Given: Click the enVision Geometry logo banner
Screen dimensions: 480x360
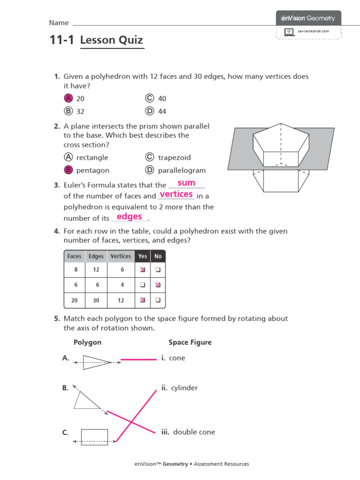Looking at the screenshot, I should [308, 18].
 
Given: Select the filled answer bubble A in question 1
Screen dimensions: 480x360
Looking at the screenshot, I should [68, 98].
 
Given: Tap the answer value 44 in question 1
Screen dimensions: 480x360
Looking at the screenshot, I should [162, 111].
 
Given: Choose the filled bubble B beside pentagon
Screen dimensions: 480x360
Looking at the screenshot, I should [68, 170].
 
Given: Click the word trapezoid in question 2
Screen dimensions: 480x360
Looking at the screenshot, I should [174, 157].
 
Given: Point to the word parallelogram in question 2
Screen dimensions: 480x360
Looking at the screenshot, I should [182, 170].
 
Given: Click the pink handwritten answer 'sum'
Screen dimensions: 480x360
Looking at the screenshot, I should [186, 183].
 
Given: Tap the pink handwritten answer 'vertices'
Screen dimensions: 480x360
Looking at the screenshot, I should [176, 194].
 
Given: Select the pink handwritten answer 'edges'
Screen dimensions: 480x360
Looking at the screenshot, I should [129, 217].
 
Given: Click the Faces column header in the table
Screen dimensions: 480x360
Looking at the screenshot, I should [75, 256].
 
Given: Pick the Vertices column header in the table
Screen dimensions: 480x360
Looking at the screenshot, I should [121, 256].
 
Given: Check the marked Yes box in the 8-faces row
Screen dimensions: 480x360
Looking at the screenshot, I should [143, 270].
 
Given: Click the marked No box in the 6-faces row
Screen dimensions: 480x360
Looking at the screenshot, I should [158, 285].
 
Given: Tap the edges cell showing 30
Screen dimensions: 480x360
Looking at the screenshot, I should [96, 300].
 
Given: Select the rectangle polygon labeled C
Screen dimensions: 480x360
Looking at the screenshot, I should [94, 437].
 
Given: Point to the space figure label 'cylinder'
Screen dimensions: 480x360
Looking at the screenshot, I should [184, 388].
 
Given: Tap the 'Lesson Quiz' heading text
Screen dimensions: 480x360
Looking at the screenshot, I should [112, 40].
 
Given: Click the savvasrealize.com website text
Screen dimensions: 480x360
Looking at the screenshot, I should [314, 31].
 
